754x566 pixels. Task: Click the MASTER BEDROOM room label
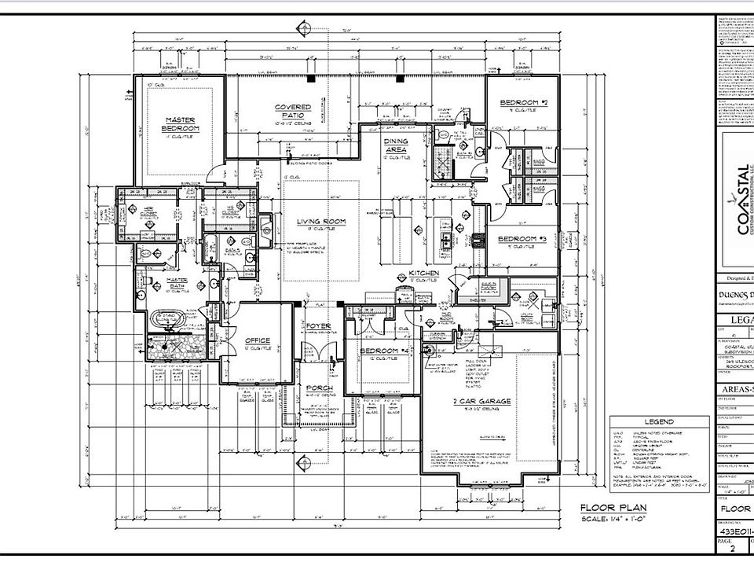click(181, 124)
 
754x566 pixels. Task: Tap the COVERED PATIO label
click(293, 111)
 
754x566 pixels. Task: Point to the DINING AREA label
click(396, 145)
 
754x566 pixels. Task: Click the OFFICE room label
click(258, 340)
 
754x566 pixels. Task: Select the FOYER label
click(319, 325)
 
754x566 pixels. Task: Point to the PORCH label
click(319, 389)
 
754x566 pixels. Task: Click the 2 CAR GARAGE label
click(481, 402)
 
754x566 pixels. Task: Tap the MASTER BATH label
click(170, 284)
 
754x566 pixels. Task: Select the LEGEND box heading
click(659, 422)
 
